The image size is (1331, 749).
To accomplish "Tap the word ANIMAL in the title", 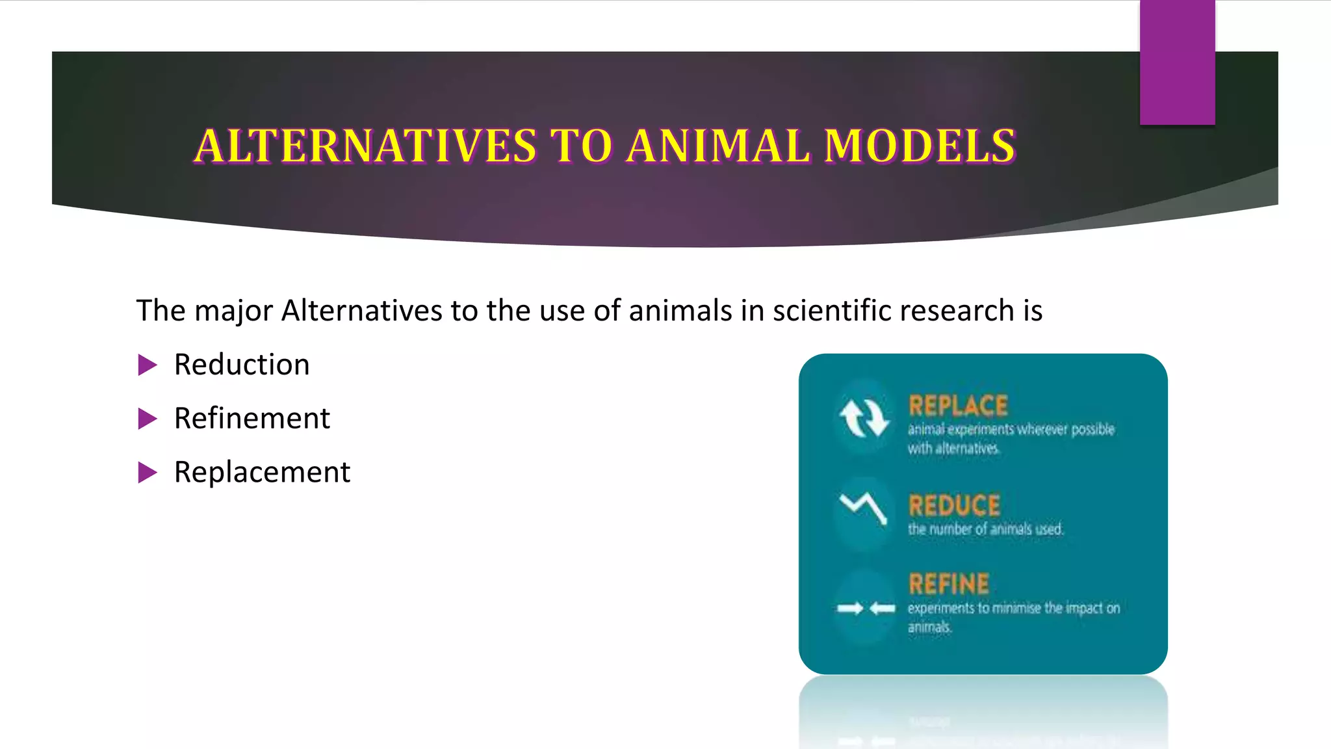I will pyautogui.click(x=718, y=146).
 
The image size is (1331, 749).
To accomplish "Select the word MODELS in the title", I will pyautogui.click(x=919, y=146).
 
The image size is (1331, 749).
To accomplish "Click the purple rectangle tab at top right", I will pyautogui.click(x=1177, y=62).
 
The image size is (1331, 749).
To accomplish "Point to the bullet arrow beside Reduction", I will pyautogui.click(x=148, y=365).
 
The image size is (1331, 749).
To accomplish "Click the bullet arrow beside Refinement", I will pyautogui.click(x=148, y=419).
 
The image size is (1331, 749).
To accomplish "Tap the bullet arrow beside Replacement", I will pyautogui.click(x=148, y=473).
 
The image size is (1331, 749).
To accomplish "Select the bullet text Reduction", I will pyautogui.click(x=242, y=365).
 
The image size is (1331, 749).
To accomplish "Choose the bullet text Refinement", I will pyautogui.click(x=252, y=419).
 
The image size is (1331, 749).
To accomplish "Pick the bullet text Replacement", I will pyautogui.click(x=262, y=473).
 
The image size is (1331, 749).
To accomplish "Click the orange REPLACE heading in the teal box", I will pyautogui.click(x=958, y=406).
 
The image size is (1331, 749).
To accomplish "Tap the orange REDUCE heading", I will pyautogui.click(x=954, y=505).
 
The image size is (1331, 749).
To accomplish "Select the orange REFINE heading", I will pyautogui.click(x=949, y=584).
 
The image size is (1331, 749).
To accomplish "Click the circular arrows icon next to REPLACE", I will pyautogui.click(x=863, y=417).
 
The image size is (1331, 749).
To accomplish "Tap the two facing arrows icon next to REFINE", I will pyautogui.click(x=866, y=609).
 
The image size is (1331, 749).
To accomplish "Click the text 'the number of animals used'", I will pyautogui.click(x=985, y=529).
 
